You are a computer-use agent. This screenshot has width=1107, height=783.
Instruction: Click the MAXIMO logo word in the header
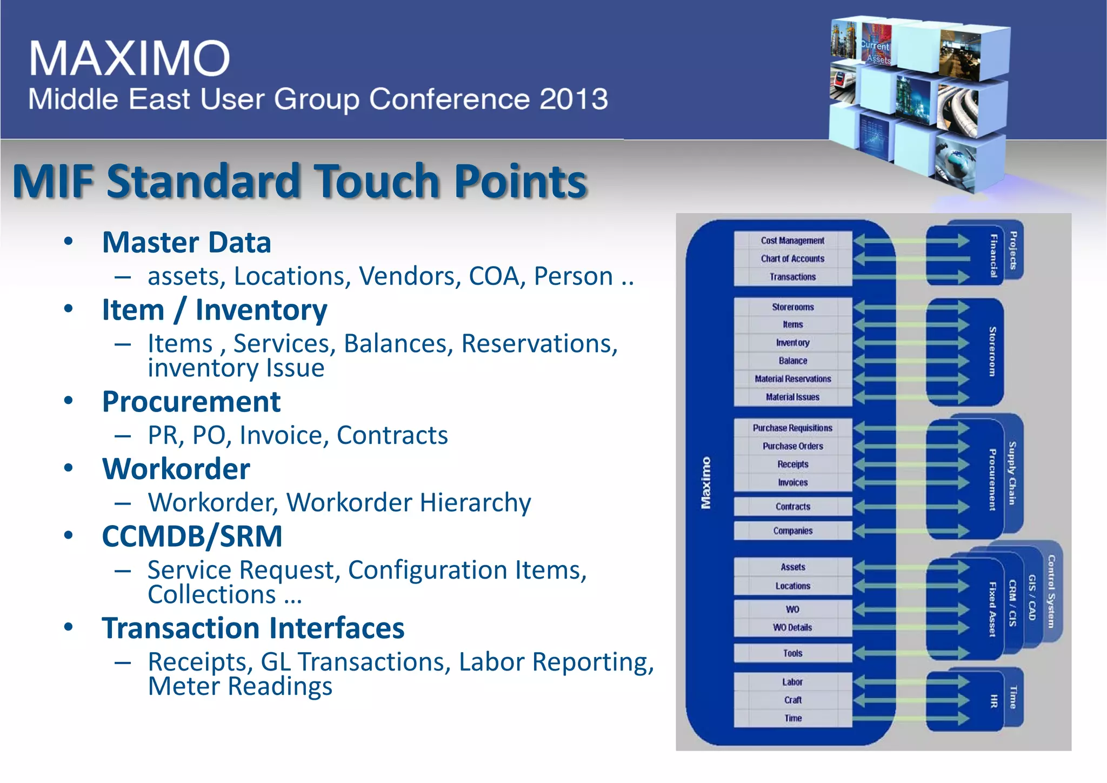[130, 58]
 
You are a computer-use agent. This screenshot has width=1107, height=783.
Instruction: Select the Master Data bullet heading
[186, 242]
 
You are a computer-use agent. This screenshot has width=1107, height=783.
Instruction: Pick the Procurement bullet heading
[191, 402]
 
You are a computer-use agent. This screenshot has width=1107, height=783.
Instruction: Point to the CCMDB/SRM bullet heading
[192, 536]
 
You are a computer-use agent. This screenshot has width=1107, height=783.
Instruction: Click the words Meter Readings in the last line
[240, 687]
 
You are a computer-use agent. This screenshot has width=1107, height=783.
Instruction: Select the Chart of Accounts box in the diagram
[792, 258]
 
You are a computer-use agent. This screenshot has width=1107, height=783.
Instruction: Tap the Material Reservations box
[792, 379]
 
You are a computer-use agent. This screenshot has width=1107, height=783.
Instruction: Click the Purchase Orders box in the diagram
[792, 446]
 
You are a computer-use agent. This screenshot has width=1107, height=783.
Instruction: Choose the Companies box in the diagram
[792, 531]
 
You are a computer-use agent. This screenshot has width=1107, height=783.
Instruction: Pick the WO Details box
[792, 628]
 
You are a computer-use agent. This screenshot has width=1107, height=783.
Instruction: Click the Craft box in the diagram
[792, 700]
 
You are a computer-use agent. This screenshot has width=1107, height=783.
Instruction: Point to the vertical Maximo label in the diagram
[706, 483]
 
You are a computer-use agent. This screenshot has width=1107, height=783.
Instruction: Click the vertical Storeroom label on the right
[992, 351]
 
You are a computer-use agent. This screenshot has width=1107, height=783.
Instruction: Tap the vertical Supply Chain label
[1012, 473]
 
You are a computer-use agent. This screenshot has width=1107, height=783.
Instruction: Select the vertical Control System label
[1051, 592]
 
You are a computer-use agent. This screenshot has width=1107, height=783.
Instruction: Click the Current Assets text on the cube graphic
[876, 52]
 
